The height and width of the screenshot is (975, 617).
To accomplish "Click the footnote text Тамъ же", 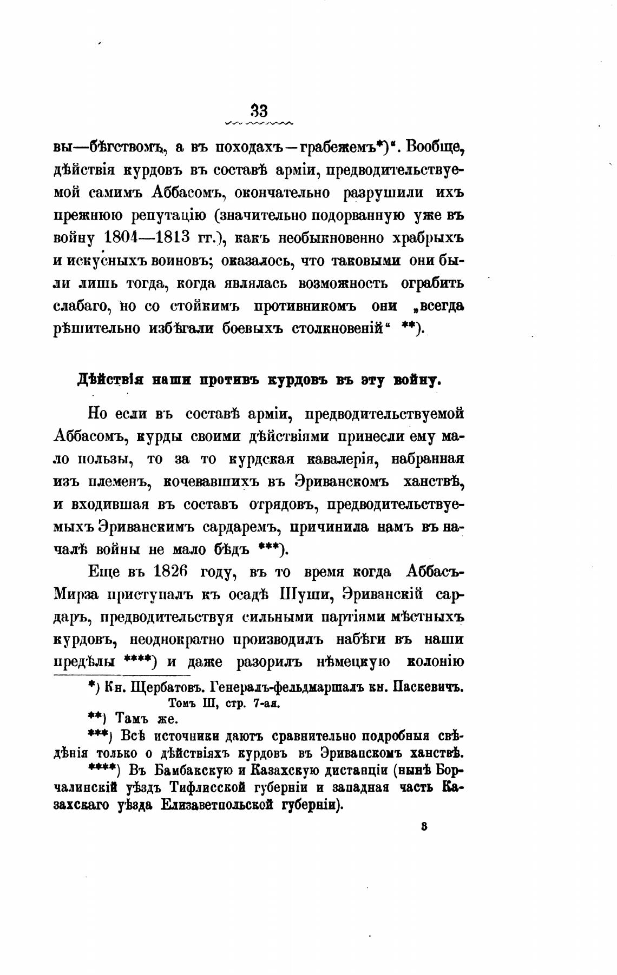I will [x=147, y=719].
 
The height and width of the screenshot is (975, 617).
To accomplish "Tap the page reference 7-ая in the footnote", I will [x=262, y=704].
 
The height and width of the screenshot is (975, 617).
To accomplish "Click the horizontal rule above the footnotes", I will [x=122, y=675].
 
